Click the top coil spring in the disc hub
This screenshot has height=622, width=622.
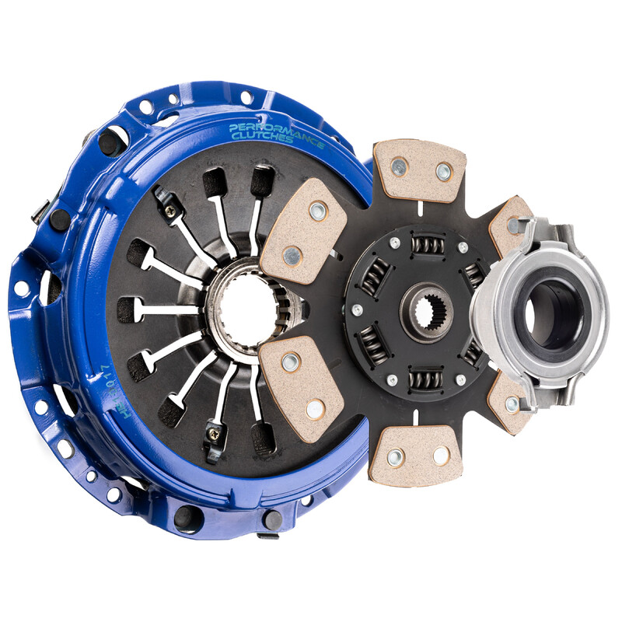pos(425,246)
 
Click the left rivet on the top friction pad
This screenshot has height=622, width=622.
pos(399,165)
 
